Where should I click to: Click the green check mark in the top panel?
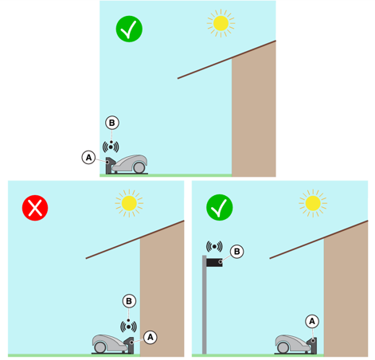(x=129, y=29)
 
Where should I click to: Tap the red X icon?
(x=35, y=208)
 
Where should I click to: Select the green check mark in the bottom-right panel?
(x=220, y=207)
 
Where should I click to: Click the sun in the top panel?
(x=221, y=23)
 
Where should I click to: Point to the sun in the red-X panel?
(x=129, y=203)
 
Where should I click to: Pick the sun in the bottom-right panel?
(x=313, y=203)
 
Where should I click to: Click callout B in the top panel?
(x=112, y=123)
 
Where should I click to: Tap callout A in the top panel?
(x=88, y=158)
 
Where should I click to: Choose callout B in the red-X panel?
(x=129, y=301)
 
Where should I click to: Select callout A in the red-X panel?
(x=150, y=337)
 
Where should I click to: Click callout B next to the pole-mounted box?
(x=237, y=252)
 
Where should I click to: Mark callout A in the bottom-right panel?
(x=312, y=321)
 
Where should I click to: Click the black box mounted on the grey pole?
(x=214, y=263)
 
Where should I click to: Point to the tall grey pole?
(x=205, y=304)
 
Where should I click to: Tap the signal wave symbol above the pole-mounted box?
(x=214, y=247)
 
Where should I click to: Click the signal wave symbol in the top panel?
(x=111, y=147)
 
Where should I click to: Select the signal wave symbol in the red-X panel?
(x=128, y=327)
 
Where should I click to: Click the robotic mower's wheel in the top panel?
(x=139, y=168)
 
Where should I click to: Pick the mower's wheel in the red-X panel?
(x=100, y=347)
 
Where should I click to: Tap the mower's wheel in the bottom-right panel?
(x=283, y=347)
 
